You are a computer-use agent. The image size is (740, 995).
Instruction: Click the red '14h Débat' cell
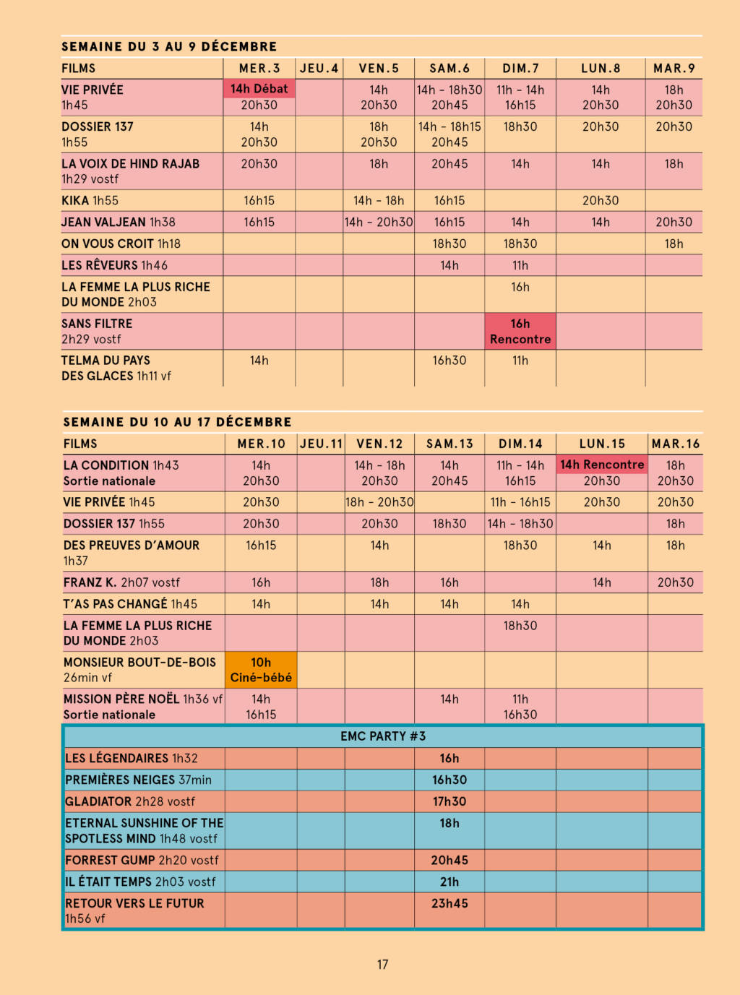pos(259,89)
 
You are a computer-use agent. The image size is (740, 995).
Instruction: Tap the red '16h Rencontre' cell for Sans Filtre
pos(520,332)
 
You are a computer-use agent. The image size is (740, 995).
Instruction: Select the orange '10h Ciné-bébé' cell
pos(261,670)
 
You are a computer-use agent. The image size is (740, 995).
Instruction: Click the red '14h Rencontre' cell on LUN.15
pos(602,465)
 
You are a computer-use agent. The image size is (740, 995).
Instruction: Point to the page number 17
pos(382,965)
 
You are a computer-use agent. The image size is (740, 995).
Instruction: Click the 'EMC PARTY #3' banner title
pos(383,736)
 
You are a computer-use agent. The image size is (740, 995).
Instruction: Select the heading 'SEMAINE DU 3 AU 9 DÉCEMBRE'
pos(169,47)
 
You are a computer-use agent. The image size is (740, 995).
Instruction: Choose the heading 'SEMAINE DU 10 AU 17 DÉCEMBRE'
pos(177,422)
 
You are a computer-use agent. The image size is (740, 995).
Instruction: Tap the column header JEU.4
pos(319,69)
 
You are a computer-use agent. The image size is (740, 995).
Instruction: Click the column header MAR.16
pos(675,444)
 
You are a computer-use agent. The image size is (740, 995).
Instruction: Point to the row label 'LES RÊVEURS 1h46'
pos(114,265)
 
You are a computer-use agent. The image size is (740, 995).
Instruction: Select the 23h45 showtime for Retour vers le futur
pos(449,903)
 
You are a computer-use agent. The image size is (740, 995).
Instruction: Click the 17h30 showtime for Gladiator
pos(449,801)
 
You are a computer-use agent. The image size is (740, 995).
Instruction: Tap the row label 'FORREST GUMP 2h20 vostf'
pos(142,860)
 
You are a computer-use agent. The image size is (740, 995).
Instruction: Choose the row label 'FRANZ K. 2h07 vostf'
pos(121,582)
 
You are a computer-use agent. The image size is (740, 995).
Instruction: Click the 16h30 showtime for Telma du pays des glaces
pos(449,361)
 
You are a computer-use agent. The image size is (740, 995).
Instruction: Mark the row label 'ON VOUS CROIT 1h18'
pos(121,244)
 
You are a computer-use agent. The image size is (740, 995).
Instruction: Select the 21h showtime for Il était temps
pos(449,882)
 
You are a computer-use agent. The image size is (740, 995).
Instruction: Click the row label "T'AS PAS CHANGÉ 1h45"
pos(130,604)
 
